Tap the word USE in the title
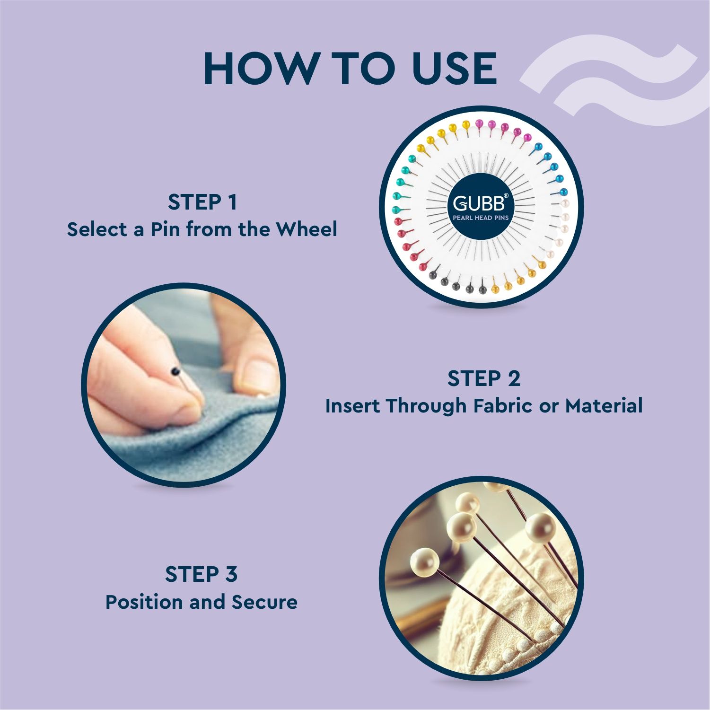(x=454, y=69)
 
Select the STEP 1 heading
(x=202, y=202)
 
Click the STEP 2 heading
(x=483, y=378)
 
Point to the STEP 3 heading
(x=201, y=574)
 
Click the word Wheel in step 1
(x=307, y=229)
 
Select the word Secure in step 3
(x=264, y=602)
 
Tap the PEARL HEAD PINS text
(x=481, y=218)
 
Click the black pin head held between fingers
(x=175, y=371)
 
